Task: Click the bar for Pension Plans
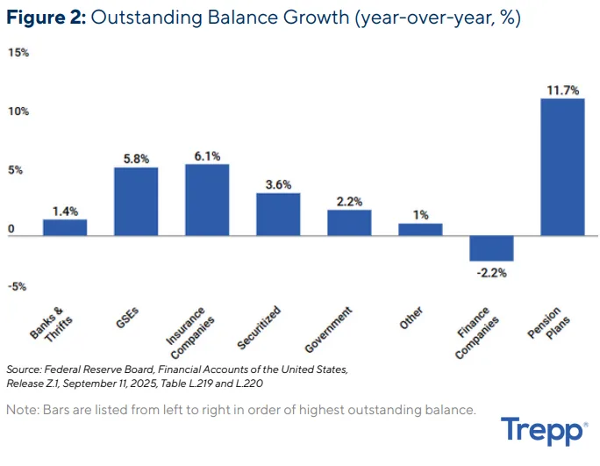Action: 562,167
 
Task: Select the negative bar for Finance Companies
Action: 491,248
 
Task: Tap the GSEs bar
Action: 136,201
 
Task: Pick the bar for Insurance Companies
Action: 207,200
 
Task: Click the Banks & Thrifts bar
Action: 65,227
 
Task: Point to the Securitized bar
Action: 278,214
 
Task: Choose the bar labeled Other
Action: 420,229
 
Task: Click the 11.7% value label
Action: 562,90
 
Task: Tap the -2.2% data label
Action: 491,272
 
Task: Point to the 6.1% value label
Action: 207,155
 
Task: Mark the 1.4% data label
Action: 65,211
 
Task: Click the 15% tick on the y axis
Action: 18,53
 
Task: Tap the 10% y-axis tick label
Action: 18,111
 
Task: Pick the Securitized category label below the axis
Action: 260,326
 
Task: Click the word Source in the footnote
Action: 24,369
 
